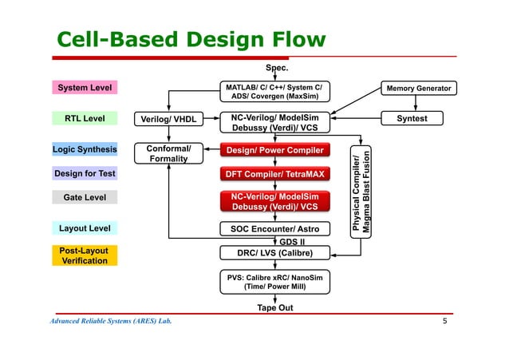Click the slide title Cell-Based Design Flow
(x=190, y=40)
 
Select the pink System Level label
(x=85, y=88)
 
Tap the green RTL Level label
(x=85, y=119)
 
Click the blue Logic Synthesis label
(x=85, y=149)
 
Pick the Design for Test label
(x=85, y=173)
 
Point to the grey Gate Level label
(x=85, y=196)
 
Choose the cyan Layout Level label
(x=85, y=229)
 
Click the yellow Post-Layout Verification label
(x=85, y=255)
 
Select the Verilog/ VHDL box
(x=168, y=120)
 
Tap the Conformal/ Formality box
(x=168, y=153)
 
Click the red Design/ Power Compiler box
(x=274, y=150)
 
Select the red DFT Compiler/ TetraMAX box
(x=274, y=173)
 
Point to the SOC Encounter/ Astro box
(x=274, y=229)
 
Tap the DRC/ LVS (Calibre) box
(x=274, y=253)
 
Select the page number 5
(x=445, y=321)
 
